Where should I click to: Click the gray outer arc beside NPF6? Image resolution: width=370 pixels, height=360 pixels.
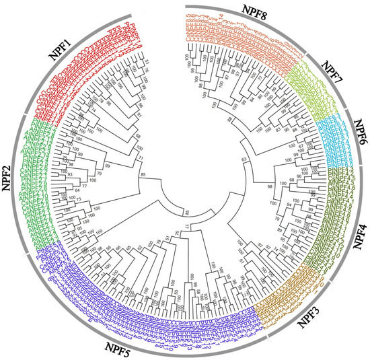[352, 135]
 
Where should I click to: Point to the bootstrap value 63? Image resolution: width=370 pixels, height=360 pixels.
[246, 159]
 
